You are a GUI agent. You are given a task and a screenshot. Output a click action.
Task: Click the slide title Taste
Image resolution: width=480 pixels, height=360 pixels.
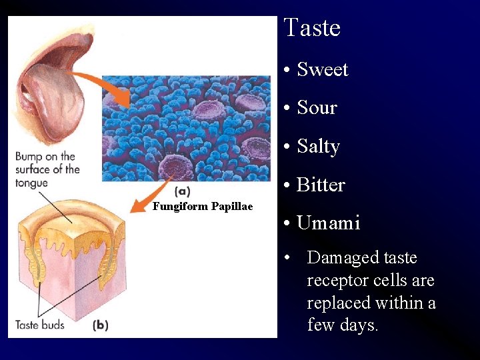[311, 28]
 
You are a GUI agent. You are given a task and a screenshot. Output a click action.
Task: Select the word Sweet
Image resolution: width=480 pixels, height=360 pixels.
[323, 69]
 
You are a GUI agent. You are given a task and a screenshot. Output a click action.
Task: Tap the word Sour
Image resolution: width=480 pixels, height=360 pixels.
[317, 107]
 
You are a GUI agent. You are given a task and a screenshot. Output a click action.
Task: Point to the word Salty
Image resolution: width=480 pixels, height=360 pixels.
[319, 146]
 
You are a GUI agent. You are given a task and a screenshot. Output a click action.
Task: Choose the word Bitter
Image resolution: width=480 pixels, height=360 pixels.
[321, 185]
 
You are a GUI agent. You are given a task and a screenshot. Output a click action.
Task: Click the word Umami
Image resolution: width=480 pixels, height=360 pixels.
[329, 223]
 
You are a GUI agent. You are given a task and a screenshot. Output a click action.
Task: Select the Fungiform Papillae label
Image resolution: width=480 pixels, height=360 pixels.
[203, 207]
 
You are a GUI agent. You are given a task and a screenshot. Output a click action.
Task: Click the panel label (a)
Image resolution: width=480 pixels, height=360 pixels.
[181, 191]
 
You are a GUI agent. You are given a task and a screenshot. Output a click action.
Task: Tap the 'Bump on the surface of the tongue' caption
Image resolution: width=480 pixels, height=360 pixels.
[47, 170]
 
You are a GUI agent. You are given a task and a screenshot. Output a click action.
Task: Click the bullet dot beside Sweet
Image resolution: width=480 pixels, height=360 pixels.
[285, 70]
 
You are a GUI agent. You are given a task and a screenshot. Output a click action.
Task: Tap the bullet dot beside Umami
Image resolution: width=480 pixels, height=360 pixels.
[285, 223]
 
